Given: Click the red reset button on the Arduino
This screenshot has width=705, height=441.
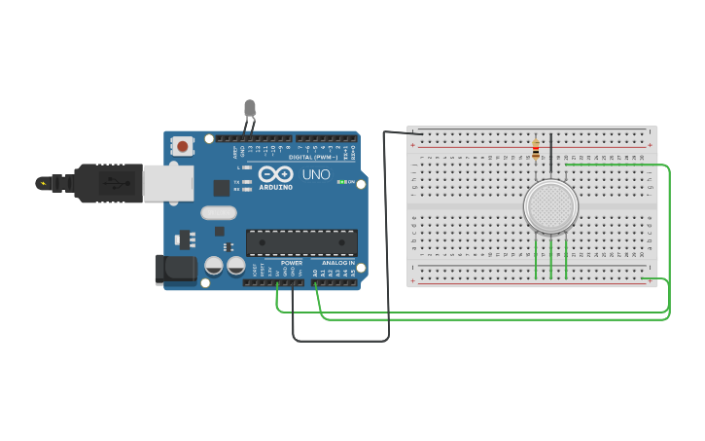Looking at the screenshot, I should [x=182, y=146].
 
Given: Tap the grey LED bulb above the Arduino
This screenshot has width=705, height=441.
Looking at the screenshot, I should [x=250, y=107].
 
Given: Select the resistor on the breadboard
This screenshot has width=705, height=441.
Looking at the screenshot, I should [x=536, y=149].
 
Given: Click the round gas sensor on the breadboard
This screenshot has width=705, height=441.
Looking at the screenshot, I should [x=550, y=206].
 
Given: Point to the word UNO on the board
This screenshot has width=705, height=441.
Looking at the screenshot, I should [x=316, y=175].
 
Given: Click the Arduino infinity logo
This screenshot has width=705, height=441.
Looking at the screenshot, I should [x=275, y=174].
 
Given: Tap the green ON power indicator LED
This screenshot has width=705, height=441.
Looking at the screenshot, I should [x=340, y=182].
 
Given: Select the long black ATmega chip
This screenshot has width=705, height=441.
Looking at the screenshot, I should [x=301, y=242].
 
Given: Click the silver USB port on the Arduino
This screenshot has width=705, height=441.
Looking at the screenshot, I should [x=167, y=183].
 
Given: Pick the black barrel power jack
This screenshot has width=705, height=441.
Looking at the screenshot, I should [x=176, y=269].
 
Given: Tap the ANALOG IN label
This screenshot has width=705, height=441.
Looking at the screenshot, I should [x=337, y=263].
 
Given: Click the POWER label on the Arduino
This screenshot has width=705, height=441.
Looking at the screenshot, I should [x=292, y=263].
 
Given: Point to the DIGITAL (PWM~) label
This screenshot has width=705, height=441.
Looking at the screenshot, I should [x=313, y=158].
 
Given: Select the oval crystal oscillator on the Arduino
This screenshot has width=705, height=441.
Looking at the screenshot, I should [x=219, y=212].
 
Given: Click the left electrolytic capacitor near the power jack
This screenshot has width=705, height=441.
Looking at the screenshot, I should [x=214, y=265].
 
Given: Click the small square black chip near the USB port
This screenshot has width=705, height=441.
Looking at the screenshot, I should [x=222, y=188].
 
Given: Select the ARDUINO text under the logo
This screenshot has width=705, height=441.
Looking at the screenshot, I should [x=275, y=187].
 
